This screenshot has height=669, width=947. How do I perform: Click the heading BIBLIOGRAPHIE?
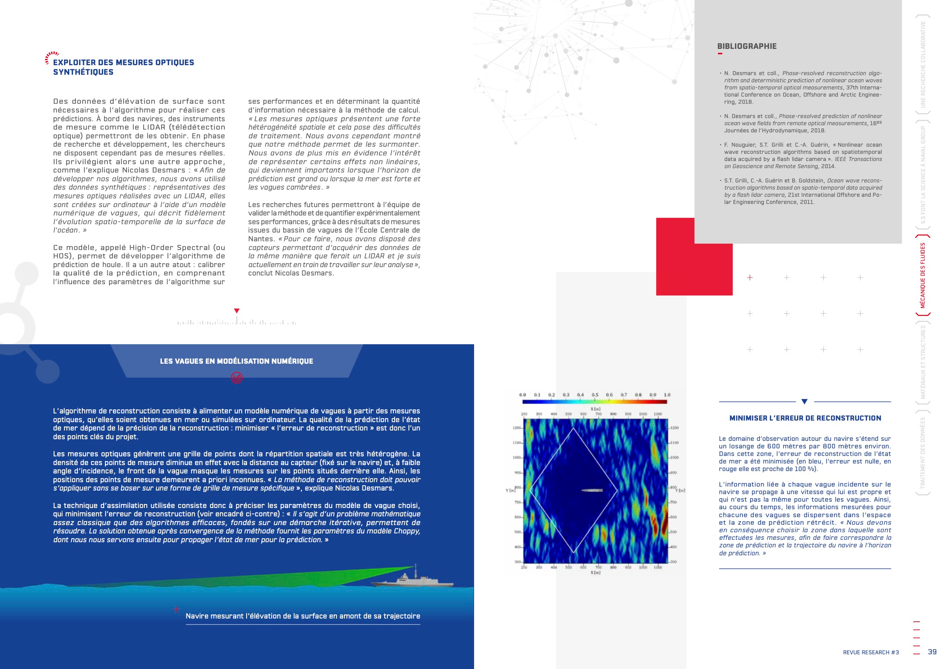(x=747, y=46)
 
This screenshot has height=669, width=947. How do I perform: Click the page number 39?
(x=932, y=652)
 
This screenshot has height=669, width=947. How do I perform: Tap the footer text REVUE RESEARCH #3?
(x=871, y=652)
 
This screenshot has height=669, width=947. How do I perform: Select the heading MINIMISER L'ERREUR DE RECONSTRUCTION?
(x=805, y=418)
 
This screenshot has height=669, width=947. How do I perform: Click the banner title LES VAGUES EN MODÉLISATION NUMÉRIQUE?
(x=236, y=361)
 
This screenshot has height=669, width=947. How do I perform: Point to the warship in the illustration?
(x=412, y=580)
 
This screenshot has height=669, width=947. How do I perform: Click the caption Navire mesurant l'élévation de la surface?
(x=303, y=616)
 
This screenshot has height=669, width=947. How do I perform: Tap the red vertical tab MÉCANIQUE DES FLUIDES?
(x=923, y=275)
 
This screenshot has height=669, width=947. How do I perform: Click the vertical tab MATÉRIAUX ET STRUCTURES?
(x=923, y=362)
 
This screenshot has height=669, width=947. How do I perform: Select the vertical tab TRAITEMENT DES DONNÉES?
(x=923, y=453)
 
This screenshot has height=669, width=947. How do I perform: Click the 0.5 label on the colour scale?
(x=595, y=395)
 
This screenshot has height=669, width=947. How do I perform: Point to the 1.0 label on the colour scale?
(x=667, y=395)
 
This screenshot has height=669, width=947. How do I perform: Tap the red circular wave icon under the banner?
(x=237, y=378)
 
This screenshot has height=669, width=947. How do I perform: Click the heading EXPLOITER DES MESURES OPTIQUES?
(x=123, y=67)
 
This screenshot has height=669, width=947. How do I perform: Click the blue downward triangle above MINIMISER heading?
(x=804, y=401)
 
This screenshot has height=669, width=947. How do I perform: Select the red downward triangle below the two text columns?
(x=237, y=311)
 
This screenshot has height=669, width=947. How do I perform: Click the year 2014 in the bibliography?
(x=828, y=167)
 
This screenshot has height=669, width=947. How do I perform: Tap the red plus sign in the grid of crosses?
(x=750, y=277)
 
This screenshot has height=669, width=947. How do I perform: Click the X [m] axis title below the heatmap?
(x=595, y=572)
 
